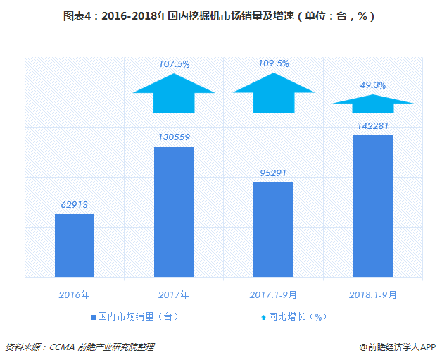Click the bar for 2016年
pos(75,245)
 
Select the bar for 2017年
pos(174,211)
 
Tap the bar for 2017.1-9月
pos(273,229)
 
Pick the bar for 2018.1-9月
pos(372,206)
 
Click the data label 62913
pos(75,205)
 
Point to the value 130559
pos(174,137)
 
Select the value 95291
pos(273,173)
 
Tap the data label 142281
pos(372,126)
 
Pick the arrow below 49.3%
pos(372,103)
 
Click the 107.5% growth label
pos(174,64)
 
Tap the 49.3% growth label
pos(372,85)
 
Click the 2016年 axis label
pos(75,293)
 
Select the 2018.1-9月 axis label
pos(372,293)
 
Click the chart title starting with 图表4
pos(220,15)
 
